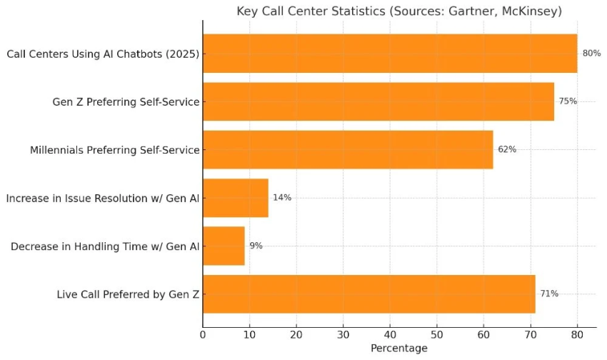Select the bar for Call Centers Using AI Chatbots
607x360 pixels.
(x=389, y=54)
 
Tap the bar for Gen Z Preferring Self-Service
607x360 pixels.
(x=378, y=101)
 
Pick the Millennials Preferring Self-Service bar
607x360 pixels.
(x=347, y=149)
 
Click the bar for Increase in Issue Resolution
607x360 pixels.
(x=235, y=198)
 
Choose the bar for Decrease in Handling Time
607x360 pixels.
(x=224, y=246)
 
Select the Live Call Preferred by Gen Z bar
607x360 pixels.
(x=368, y=294)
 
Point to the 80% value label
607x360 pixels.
(x=591, y=54)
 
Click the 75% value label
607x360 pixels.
(x=568, y=101)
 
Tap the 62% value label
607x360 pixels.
(x=506, y=149)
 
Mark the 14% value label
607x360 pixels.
(x=282, y=198)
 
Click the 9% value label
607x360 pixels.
(x=256, y=246)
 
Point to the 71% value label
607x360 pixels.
(x=548, y=294)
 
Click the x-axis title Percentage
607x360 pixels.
(x=398, y=349)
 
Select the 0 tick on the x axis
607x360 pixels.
(x=203, y=333)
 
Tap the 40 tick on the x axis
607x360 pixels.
(x=390, y=333)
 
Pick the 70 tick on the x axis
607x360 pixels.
(x=531, y=333)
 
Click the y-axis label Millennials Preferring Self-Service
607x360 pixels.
(x=114, y=150)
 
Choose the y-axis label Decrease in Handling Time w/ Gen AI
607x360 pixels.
(x=105, y=246)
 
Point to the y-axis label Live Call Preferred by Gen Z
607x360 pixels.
(x=128, y=294)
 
